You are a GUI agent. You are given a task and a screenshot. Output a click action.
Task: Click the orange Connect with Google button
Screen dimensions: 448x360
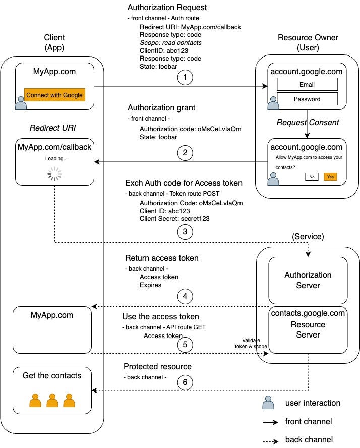click(x=54, y=95)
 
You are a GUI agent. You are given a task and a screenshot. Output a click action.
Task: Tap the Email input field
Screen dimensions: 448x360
click(x=307, y=85)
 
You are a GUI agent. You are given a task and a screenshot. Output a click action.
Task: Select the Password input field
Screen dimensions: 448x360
click(x=307, y=99)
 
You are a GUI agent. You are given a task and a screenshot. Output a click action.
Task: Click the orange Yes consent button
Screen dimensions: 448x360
click(x=330, y=177)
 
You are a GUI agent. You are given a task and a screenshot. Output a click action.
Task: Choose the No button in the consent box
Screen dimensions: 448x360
click(x=311, y=177)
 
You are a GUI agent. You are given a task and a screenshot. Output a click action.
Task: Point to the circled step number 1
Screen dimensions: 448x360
click(x=185, y=78)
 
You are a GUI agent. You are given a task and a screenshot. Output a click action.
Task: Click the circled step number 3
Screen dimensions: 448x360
click(x=185, y=232)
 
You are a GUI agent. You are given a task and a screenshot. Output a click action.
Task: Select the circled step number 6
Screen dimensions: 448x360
click(x=185, y=383)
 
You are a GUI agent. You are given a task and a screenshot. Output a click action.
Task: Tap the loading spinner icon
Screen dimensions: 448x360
click(x=54, y=175)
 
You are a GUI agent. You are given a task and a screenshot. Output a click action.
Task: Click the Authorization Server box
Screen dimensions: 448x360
click(x=308, y=280)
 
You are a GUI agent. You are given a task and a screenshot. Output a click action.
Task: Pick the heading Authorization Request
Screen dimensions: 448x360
click(x=167, y=8)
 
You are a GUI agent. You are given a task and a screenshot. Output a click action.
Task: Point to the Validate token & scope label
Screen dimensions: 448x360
click(x=251, y=343)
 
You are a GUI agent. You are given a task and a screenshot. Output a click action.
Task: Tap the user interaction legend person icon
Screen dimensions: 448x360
click(x=268, y=402)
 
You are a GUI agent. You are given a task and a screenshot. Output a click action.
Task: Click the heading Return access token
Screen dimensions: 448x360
click(x=161, y=258)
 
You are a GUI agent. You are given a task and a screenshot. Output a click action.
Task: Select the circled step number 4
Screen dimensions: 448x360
click(x=185, y=296)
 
